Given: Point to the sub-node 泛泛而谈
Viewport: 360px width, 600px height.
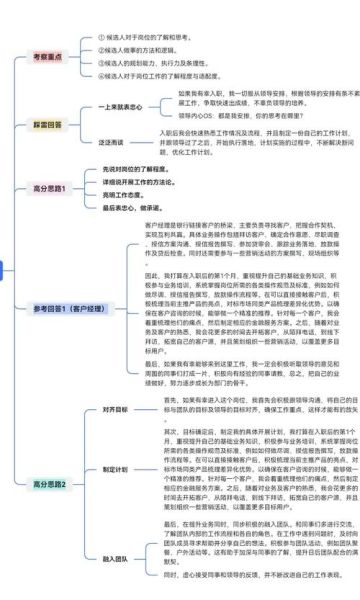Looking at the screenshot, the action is tap(111, 143).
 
